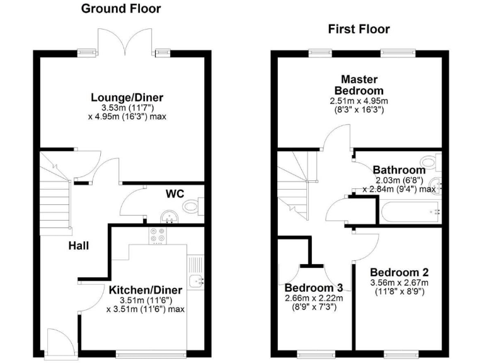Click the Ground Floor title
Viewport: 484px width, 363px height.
tap(121, 9)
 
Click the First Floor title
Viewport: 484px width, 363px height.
tap(359, 29)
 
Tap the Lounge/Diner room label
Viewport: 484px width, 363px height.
tap(127, 98)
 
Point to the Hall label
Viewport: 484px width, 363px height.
tap(78, 246)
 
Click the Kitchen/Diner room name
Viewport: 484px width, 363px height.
tap(145, 290)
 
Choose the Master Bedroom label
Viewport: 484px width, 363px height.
tap(359, 85)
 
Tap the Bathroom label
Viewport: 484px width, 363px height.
tap(399, 170)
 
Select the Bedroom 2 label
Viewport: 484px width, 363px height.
tap(400, 273)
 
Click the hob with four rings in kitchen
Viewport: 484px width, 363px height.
tap(156, 235)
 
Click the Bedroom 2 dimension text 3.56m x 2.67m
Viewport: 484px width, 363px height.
tap(400, 284)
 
